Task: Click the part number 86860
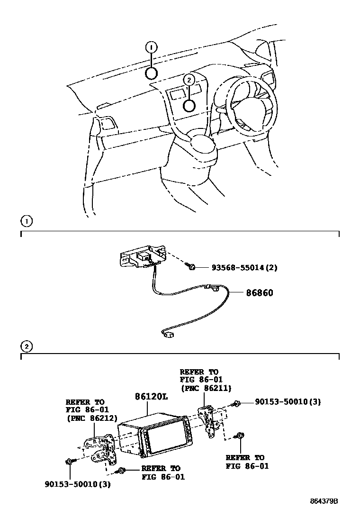[x=259, y=293]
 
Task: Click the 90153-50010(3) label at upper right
[x=288, y=402]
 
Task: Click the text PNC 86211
[x=205, y=388]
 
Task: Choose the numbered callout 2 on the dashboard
[x=189, y=81]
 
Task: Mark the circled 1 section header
[x=27, y=221]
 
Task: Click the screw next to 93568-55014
[x=192, y=268]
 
